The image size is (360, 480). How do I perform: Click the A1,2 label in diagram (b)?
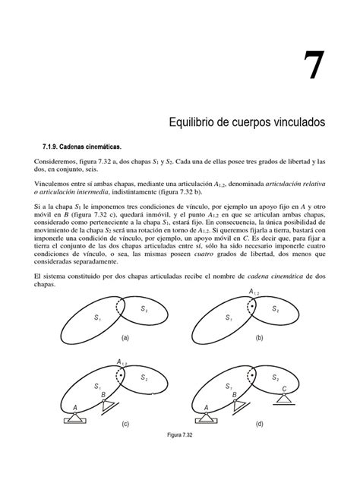pyautogui.click(x=255, y=292)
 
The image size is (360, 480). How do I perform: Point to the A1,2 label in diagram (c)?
pyautogui.click(x=122, y=363)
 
